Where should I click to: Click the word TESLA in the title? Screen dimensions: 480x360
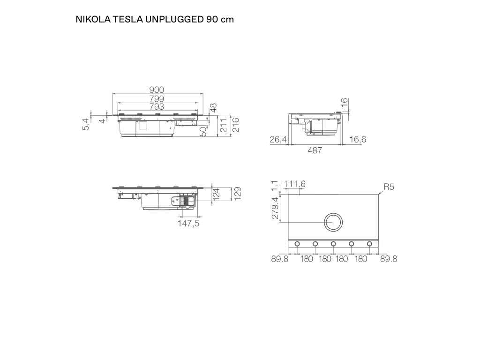(127, 19)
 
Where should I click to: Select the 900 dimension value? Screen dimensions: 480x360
(157, 90)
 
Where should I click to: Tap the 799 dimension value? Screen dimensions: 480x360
(157, 98)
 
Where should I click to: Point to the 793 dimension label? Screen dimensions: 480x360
(157, 106)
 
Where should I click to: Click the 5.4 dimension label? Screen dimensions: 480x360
(86, 124)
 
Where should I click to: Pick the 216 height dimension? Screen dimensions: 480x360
(235, 125)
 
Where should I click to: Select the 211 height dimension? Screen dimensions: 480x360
(224, 125)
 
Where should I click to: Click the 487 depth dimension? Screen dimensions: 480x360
(315, 150)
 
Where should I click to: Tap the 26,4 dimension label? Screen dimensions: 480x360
(278, 140)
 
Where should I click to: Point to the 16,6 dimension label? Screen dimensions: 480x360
(358, 140)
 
